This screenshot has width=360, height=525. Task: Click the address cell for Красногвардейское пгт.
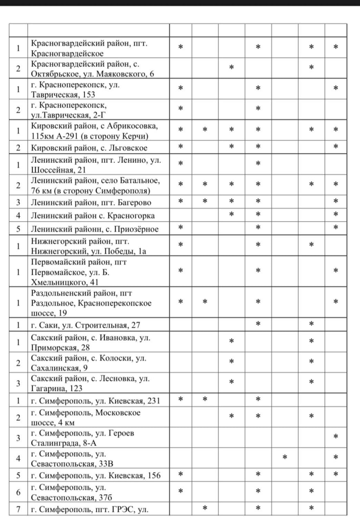tap(98, 48)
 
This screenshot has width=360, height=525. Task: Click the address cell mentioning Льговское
tap(98, 147)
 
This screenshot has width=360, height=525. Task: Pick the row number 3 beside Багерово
tap(18, 202)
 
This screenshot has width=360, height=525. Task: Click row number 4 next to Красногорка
tap(18, 215)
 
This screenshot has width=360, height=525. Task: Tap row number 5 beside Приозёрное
tap(18, 228)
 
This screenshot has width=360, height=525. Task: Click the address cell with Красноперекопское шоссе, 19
tap(98, 303)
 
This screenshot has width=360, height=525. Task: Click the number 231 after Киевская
tap(150, 400)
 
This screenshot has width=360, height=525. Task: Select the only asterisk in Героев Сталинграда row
tap(336, 437)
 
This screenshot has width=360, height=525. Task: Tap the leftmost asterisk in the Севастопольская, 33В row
tap(285, 457)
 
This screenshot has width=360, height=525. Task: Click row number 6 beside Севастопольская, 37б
tap(18, 491)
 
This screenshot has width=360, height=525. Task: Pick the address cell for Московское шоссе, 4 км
tap(98, 417)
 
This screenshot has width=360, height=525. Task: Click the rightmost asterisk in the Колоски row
tap(311, 362)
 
